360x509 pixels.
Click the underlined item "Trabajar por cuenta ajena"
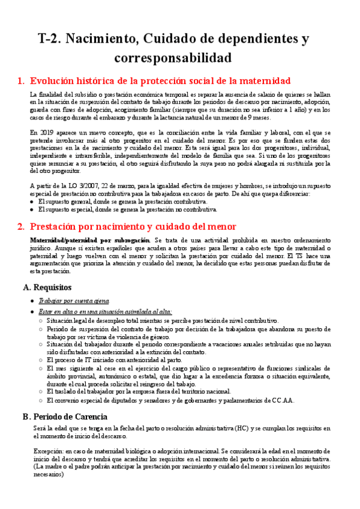[73, 300]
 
